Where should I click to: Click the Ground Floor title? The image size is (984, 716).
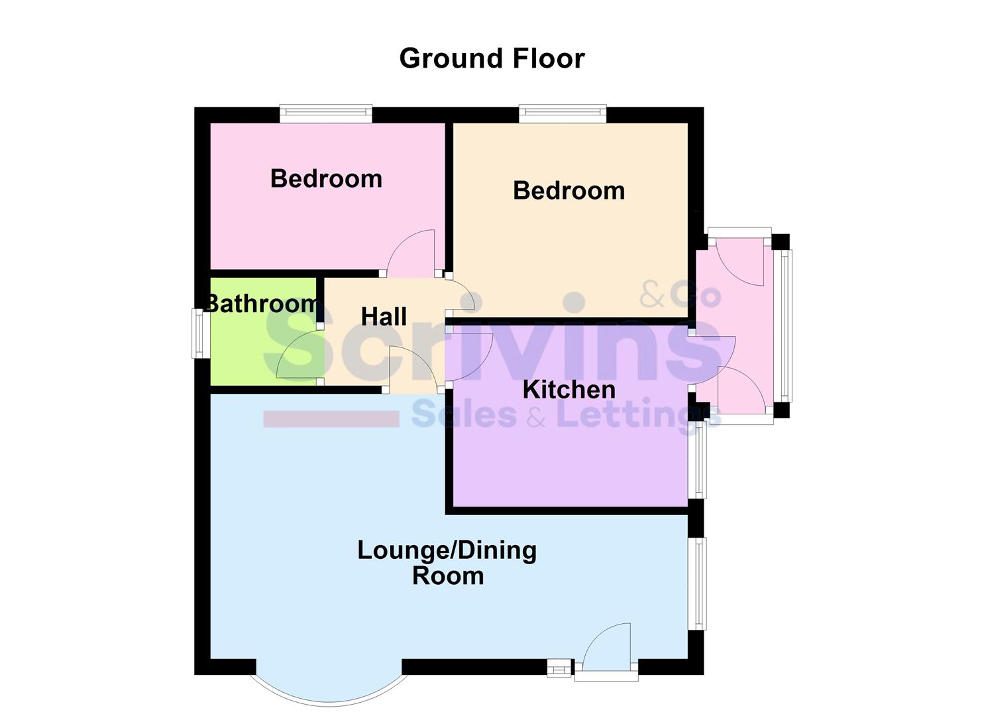[x=492, y=58]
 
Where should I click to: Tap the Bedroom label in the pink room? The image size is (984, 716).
[x=326, y=179]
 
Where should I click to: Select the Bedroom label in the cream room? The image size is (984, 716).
[x=569, y=191]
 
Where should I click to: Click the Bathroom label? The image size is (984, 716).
[x=262, y=304]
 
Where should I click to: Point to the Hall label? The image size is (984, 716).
[x=384, y=317]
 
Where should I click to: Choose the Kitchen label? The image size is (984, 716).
[x=569, y=390]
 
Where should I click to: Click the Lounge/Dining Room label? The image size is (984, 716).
[x=447, y=563]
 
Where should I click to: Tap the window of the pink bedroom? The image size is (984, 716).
[x=325, y=114]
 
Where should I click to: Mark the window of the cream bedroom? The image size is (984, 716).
[x=563, y=114]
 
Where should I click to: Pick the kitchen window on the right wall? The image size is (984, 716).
[x=697, y=460]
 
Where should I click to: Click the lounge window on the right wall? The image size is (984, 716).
[x=698, y=583]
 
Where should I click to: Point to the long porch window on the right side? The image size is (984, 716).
[x=785, y=325]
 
